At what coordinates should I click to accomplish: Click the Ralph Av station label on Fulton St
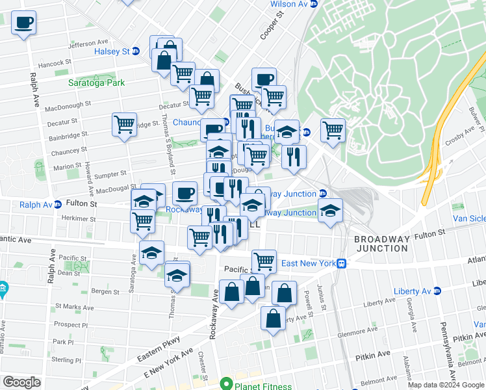click(x=36, y=204)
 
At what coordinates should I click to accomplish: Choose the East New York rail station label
click(x=307, y=263)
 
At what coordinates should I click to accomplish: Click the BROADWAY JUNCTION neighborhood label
click(x=381, y=244)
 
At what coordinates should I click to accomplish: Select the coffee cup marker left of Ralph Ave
click(x=24, y=25)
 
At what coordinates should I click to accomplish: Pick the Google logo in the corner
click(x=21, y=382)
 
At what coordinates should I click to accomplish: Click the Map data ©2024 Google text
click(x=445, y=385)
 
